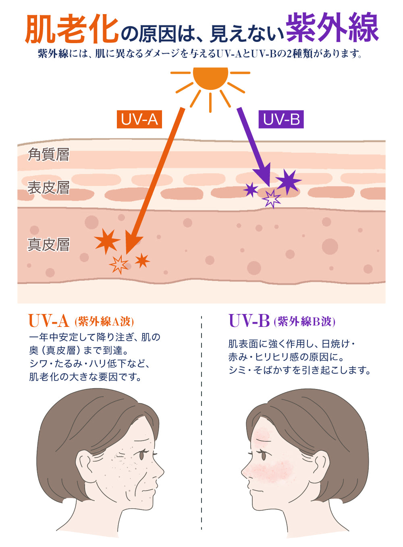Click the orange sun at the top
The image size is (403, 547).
click(210, 78)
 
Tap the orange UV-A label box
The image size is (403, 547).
click(139, 119)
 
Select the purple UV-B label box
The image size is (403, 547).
click(281, 119)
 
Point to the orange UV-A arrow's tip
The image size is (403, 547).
click(127, 254)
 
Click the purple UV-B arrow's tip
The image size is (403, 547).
click(269, 187)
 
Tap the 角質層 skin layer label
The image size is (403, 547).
click(49, 154)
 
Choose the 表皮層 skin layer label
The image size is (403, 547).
click(49, 187)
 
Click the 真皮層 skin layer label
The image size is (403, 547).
click(49, 244)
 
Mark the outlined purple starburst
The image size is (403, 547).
click(272, 199)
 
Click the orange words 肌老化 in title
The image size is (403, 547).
click(72, 29)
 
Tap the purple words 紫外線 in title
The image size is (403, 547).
click(332, 27)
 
